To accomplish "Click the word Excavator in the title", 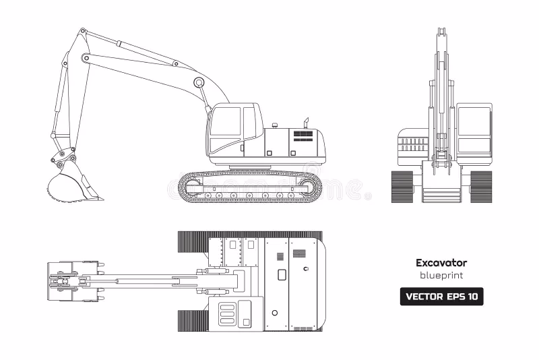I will pyautogui.click(x=441, y=263).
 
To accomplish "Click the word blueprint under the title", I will pyautogui.click(x=441, y=276).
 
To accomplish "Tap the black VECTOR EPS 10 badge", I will pyautogui.click(x=441, y=297).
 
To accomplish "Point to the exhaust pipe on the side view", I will pyautogui.click(x=305, y=123).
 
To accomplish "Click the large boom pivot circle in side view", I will pyautogui.click(x=199, y=82).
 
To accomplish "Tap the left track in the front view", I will pyautogui.click(x=402, y=186).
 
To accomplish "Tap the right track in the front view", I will pyautogui.click(x=481, y=186).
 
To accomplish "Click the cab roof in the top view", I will pyautogui.click(x=232, y=313).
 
